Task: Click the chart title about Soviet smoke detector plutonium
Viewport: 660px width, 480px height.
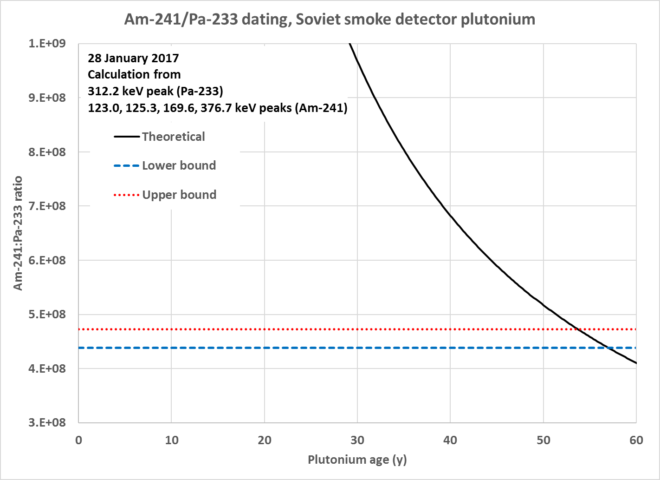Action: pyautogui.click(x=330, y=20)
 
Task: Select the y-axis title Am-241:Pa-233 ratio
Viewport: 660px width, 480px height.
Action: pyautogui.click(x=18, y=233)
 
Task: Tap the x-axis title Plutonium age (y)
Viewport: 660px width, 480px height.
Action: pyautogui.click(x=357, y=460)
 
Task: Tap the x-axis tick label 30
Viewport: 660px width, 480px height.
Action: pyautogui.click(x=357, y=440)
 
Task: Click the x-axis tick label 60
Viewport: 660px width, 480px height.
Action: pyautogui.click(x=636, y=440)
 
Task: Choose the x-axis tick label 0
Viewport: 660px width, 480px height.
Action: pyautogui.click(x=79, y=440)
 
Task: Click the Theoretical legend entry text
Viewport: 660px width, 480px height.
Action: pyautogui.click(x=173, y=137)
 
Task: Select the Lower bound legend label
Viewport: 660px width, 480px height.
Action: pyautogui.click(x=179, y=165)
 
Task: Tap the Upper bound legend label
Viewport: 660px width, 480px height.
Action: pyautogui.click(x=179, y=195)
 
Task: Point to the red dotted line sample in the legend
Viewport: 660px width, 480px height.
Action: pyautogui.click(x=126, y=195)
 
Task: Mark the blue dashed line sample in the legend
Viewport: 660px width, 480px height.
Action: pyautogui.click(x=126, y=166)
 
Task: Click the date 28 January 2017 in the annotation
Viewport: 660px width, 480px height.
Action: pyautogui.click(x=133, y=58)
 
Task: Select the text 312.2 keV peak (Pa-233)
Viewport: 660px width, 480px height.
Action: pyautogui.click(x=155, y=91)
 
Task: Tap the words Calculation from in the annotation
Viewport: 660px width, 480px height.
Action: pyautogui.click(x=134, y=74)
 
